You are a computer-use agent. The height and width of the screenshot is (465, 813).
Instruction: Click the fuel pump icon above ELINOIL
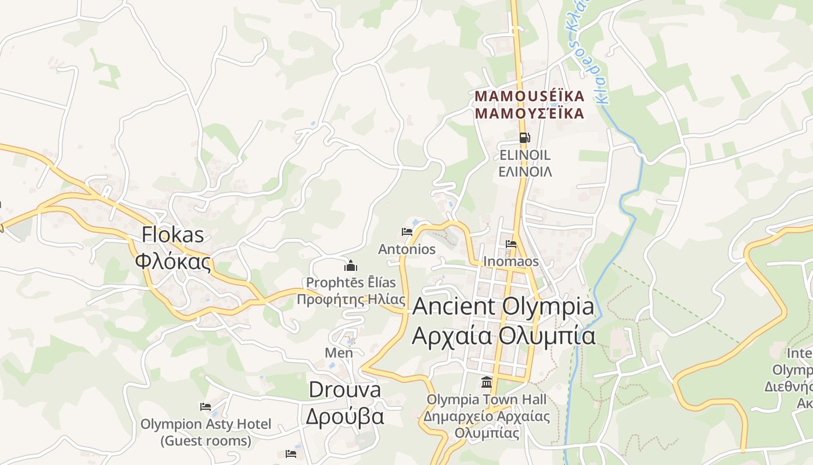(524, 138)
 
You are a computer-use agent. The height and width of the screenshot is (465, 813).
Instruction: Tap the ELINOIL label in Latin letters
(525, 156)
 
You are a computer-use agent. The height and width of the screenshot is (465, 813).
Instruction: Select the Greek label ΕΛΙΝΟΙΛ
(525, 172)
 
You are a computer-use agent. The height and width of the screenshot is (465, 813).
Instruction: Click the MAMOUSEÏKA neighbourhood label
(529, 96)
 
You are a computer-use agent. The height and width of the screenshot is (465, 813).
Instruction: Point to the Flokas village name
(173, 234)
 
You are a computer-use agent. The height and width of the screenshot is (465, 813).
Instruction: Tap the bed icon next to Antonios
(407, 232)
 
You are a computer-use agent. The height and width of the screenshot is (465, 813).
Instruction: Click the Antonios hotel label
(407, 249)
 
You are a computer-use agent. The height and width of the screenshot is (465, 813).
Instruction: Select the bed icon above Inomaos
(511, 244)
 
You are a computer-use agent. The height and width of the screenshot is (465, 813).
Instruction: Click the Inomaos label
(511, 262)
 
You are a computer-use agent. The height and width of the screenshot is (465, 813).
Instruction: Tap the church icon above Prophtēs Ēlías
(351, 266)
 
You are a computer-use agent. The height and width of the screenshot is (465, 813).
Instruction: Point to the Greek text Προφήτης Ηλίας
(351, 300)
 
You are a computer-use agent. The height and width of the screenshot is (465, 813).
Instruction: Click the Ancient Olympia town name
(503, 307)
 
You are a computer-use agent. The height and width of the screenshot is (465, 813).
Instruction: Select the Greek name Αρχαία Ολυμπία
(503, 336)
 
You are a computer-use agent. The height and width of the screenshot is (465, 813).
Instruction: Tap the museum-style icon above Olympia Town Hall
(487, 382)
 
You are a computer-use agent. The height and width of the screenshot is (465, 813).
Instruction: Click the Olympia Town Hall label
(487, 400)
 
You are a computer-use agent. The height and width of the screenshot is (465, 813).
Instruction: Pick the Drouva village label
(345, 389)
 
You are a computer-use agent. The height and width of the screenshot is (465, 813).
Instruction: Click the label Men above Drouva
(339, 353)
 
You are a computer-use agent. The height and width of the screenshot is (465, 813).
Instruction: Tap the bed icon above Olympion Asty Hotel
(206, 407)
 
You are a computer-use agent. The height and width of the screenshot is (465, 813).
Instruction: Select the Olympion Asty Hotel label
(206, 424)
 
